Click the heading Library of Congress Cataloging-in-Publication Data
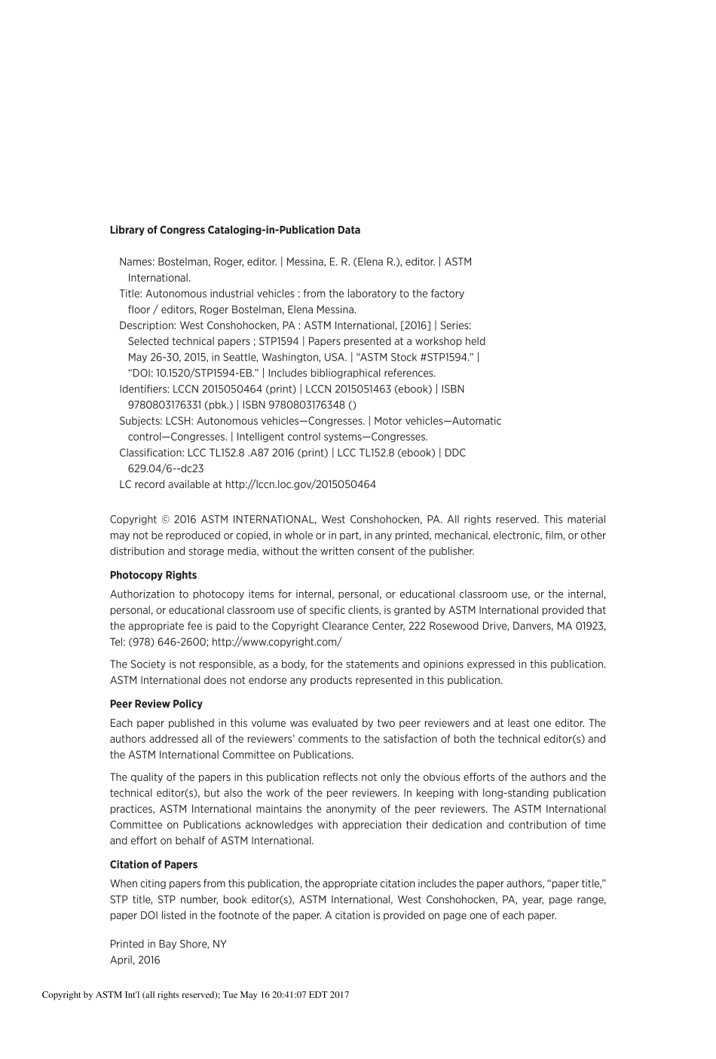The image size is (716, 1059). point(234,230)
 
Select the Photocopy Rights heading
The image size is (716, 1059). point(153,575)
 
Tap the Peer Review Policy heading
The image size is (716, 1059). point(156,704)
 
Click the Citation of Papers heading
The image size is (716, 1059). point(154,865)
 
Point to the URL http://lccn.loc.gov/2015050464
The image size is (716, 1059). point(300,485)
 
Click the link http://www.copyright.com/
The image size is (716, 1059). point(277,642)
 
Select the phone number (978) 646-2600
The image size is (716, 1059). point(170,642)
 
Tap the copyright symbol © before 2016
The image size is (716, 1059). point(166,520)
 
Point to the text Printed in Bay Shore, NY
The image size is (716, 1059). point(168,945)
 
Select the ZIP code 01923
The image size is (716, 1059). point(591,627)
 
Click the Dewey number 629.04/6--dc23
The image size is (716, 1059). point(166,469)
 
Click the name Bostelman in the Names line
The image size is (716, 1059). point(183,262)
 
